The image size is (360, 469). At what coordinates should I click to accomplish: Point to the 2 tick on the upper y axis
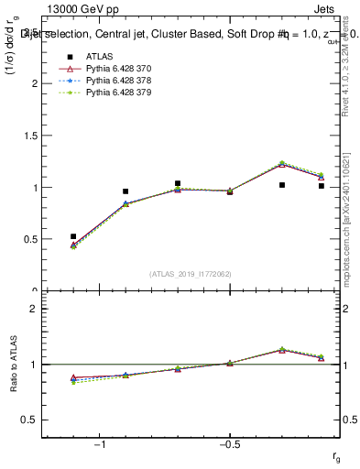pos(36,83)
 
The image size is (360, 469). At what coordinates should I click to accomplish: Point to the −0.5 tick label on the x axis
pos(229,444)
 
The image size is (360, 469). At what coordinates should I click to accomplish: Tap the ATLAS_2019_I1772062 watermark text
pos(191,274)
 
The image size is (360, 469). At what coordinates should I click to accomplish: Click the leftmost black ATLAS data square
pos(73,236)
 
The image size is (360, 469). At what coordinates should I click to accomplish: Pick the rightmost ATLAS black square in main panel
pos(322,186)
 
